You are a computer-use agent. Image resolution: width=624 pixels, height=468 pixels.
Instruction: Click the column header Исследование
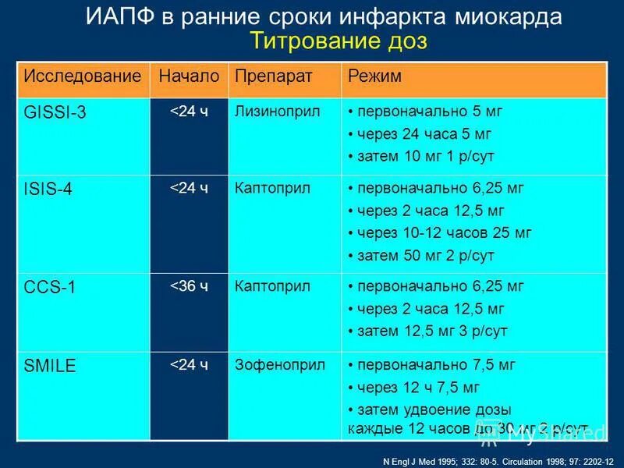(83, 76)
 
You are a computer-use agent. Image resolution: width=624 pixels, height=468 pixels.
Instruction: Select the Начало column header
(189, 76)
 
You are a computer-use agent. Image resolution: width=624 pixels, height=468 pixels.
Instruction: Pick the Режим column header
(374, 76)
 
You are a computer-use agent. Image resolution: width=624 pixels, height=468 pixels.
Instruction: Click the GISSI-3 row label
(55, 113)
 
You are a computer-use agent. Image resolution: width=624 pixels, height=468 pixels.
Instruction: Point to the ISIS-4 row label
(48, 190)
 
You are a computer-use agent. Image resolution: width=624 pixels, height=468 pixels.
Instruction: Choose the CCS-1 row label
(50, 287)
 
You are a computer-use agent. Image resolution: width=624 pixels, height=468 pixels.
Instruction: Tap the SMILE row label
(50, 366)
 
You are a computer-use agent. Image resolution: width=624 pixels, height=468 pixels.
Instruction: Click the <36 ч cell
(190, 286)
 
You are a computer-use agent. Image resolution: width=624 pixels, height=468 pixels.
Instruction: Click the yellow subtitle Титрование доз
(338, 41)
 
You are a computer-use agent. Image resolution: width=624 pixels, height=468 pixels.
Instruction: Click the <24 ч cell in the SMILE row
(190, 365)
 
